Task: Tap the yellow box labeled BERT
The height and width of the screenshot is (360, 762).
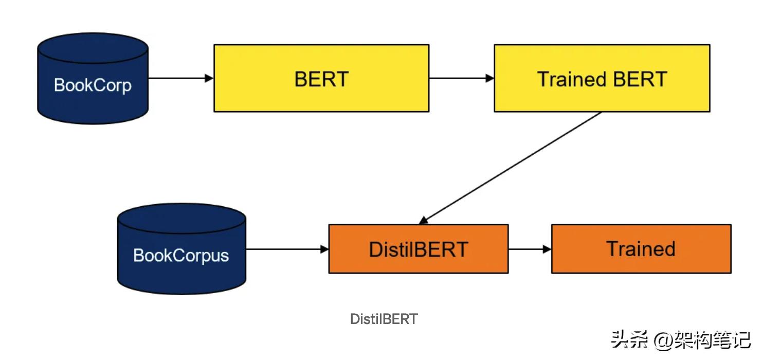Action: pos(321,78)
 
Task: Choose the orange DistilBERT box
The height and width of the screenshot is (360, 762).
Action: pos(418,249)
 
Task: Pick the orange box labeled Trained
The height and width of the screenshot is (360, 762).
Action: pos(641,249)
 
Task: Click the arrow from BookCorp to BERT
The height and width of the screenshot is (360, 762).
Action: pos(180,78)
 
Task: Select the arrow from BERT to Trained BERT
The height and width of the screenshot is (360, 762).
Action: pos(460,78)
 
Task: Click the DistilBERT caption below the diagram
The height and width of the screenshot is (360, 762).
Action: pos(384,319)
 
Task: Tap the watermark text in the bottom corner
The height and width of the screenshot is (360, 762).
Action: pos(680,340)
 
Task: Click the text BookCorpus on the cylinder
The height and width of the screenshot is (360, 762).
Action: pos(181,255)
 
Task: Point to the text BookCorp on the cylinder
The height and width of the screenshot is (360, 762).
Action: pos(93,85)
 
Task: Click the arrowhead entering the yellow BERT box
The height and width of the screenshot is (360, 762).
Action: pos(209,78)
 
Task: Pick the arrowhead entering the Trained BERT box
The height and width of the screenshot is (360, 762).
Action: pos(489,78)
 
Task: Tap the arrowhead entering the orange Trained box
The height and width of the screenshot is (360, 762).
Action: pos(547,249)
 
